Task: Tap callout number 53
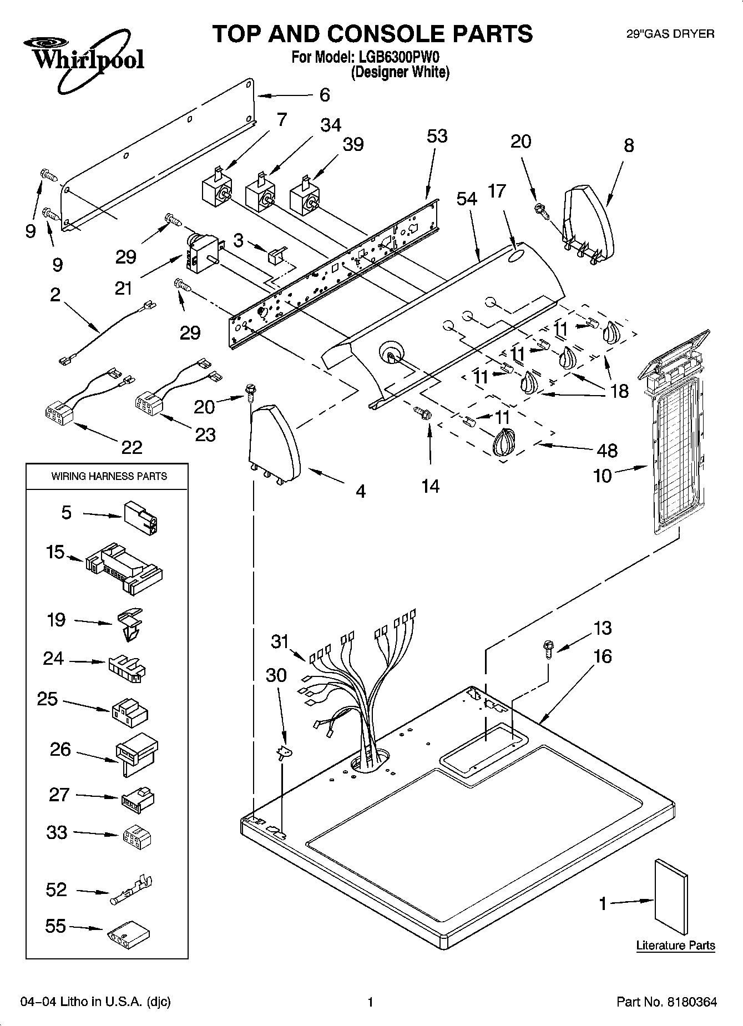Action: coord(437,137)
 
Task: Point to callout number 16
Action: coord(602,656)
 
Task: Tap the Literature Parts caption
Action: coord(675,946)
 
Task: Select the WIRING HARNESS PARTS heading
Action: coord(109,476)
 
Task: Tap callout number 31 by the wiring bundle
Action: coord(280,641)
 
